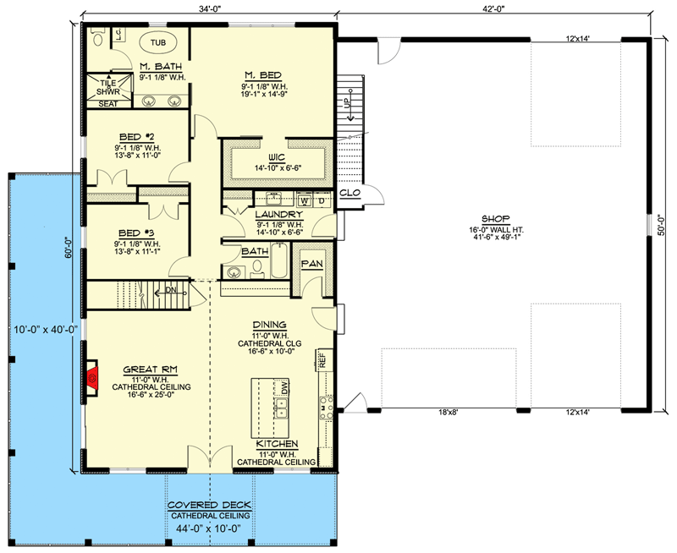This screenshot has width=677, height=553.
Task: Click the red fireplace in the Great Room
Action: [92, 378]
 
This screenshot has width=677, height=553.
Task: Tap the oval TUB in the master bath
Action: [158, 42]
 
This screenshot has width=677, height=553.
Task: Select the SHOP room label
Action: [496, 219]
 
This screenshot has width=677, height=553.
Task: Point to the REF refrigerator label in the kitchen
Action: [322, 359]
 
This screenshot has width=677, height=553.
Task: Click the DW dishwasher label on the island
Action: [284, 387]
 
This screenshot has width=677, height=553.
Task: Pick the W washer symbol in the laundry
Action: [305, 200]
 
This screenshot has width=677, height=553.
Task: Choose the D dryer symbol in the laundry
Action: [322, 200]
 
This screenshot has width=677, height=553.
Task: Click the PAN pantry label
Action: [311, 264]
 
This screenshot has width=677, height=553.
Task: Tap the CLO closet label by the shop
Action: [350, 193]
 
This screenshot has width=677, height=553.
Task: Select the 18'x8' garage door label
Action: [449, 412]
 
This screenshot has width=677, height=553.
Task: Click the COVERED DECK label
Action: [209, 505]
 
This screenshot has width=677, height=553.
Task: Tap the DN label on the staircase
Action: [171, 290]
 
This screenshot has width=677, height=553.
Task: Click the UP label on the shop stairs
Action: [348, 103]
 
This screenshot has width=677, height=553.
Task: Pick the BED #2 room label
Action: [137, 137]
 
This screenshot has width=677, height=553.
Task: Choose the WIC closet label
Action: [277, 157]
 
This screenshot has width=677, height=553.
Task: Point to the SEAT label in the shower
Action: [108, 103]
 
